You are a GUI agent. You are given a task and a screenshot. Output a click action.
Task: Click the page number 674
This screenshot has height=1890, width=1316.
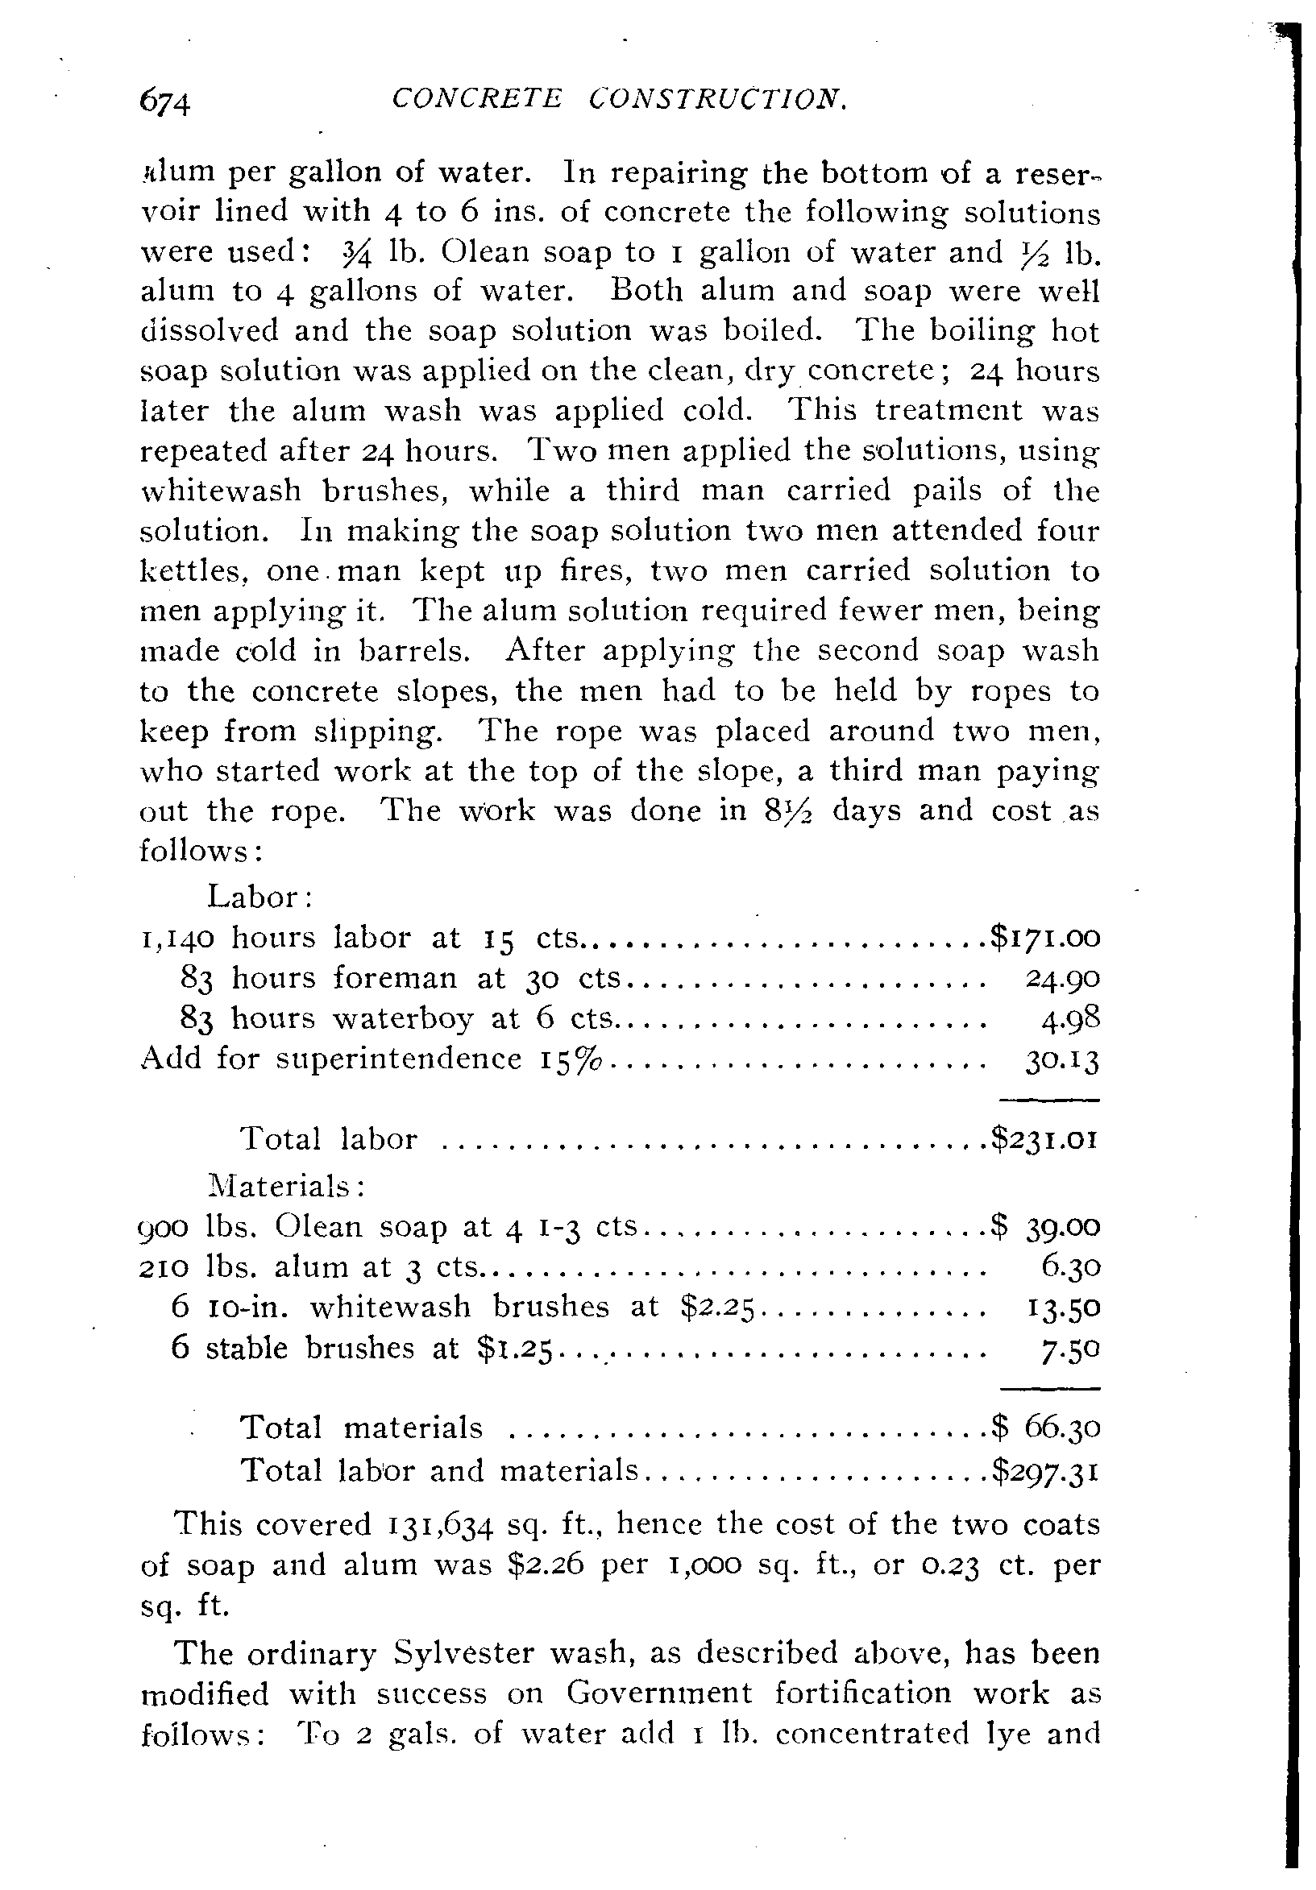point(165,104)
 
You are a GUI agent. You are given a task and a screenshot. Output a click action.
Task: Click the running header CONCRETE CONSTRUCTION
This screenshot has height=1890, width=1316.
point(619,100)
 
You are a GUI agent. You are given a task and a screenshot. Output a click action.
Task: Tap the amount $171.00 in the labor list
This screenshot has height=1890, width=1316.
point(1044,937)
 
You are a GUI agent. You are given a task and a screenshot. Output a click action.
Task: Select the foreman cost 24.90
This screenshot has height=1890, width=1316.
point(1062,978)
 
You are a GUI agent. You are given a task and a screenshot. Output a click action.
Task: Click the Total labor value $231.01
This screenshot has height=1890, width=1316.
point(1044,1139)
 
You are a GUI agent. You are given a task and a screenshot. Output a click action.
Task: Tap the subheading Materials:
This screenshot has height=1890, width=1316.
point(285,1186)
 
